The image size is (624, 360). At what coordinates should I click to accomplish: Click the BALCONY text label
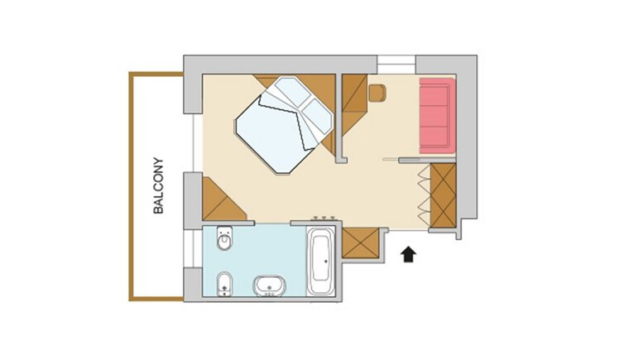tap(159, 185)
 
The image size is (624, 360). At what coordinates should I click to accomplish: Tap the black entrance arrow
tap(409, 255)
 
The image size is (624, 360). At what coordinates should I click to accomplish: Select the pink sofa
tap(437, 115)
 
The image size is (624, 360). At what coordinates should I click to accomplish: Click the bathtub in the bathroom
tap(322, 260)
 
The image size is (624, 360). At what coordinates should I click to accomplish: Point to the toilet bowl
tap(224, 238)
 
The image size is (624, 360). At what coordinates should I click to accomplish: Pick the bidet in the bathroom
tap(225, 284)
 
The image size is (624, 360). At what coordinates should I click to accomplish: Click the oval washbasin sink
tap(269, 286)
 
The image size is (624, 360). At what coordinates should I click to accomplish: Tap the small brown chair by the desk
tap(377, 93)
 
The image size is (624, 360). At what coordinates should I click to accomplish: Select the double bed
tap(284, 124)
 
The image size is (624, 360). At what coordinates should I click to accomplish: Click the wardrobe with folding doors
tap(443, 195)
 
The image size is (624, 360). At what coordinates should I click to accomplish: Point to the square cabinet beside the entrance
tap(361, 242)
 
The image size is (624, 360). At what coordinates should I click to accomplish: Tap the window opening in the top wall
tap(396, 64)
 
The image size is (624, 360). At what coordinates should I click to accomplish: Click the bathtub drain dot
tap(326, 262)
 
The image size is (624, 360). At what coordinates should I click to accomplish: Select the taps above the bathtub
tap(324, 218)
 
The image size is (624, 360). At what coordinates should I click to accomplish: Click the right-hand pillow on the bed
tap(317, 115)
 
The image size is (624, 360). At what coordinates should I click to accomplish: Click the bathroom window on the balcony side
tap(188, 247)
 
